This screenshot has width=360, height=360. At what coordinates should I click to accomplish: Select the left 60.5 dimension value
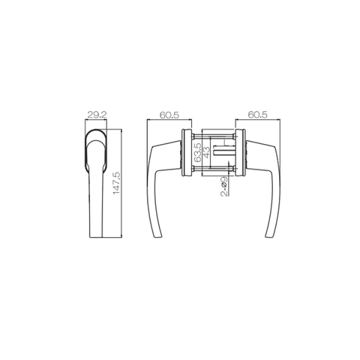pos(169,115)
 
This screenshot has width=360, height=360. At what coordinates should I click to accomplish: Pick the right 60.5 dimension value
pos(256,115)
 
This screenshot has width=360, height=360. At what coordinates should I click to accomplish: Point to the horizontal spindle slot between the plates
pos(225,153)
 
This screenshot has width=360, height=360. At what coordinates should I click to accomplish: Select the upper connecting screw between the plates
pos(213,134)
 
